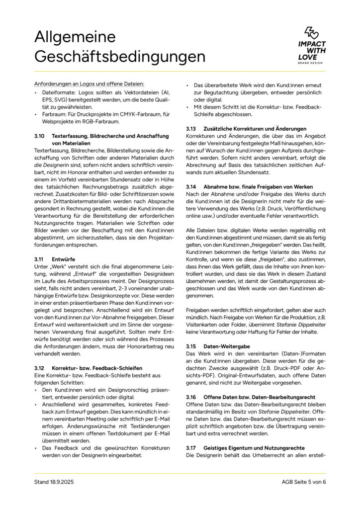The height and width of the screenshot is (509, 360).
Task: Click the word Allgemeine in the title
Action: pos(75,37)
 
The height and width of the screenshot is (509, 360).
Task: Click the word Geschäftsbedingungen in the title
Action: pos(119,57)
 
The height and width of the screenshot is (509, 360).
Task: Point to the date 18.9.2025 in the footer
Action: pos(59,482)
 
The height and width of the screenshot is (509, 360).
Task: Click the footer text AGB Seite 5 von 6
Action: pos(303,482)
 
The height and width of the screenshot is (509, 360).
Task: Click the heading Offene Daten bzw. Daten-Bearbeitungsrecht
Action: pos(255,398)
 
